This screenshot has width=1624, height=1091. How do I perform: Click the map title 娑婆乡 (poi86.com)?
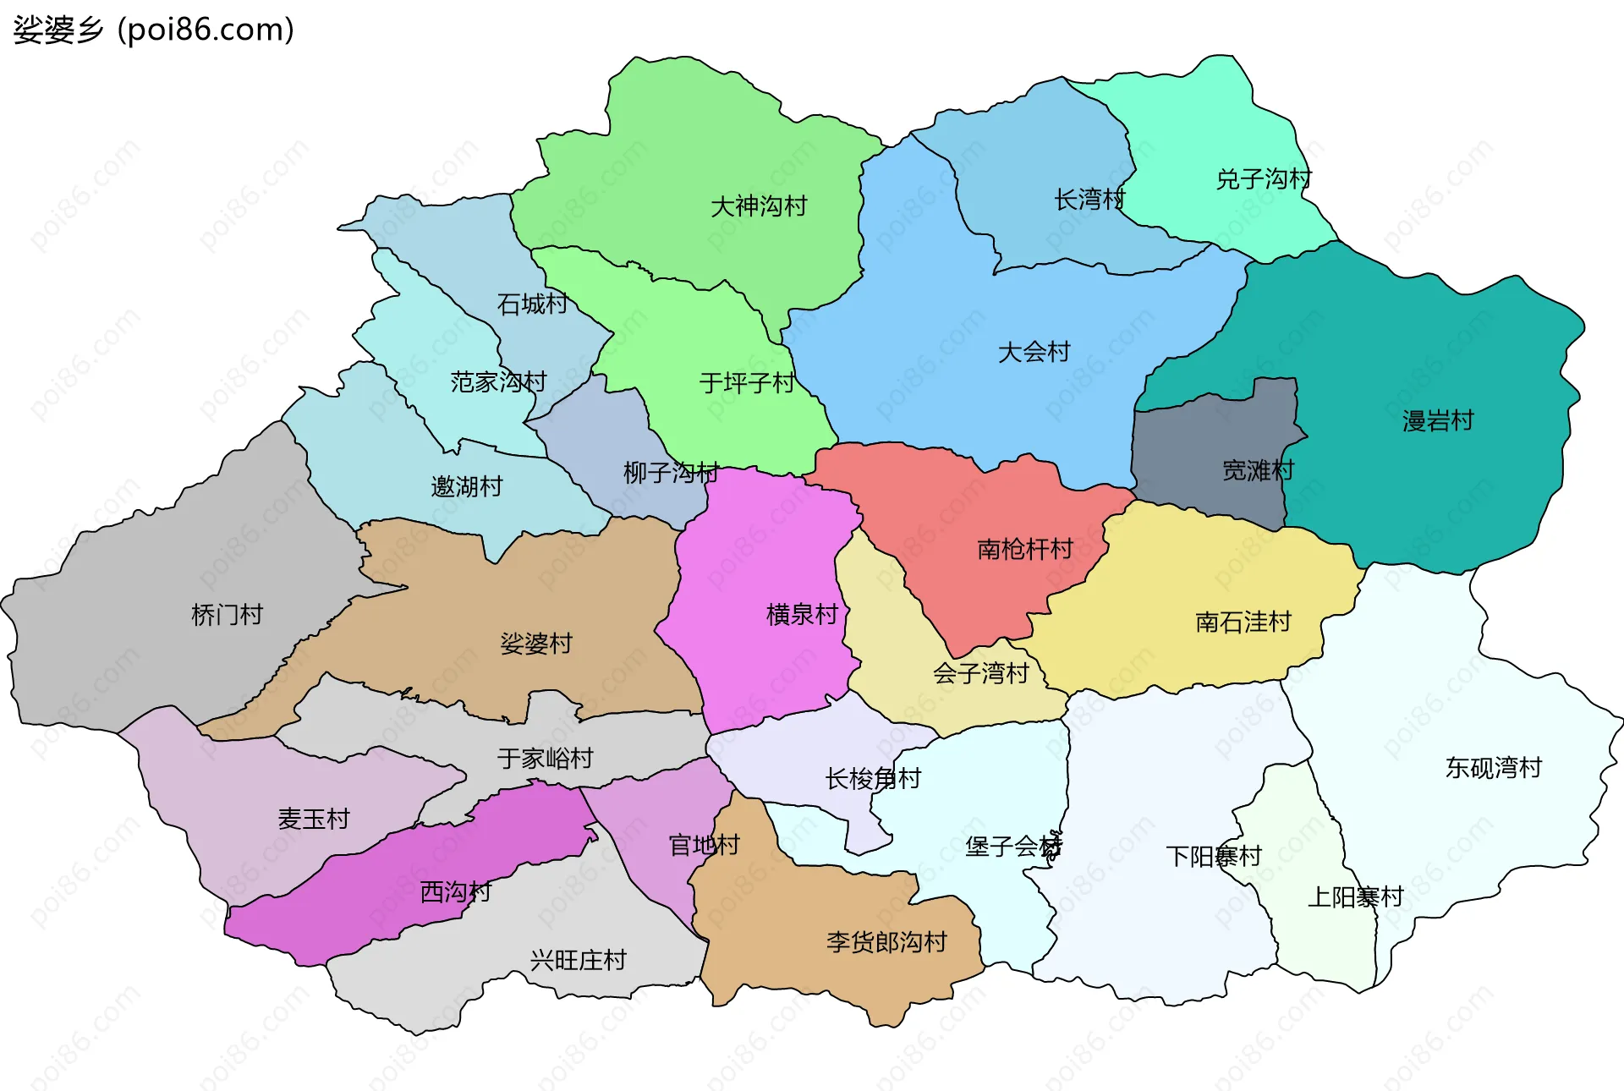click(x=153, y=30)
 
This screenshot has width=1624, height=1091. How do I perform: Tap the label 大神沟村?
click(x=759, y=206)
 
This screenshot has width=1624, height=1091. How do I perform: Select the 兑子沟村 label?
click(x=1264, y=178)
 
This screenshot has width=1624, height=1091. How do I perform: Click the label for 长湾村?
click(x=1089, y=200)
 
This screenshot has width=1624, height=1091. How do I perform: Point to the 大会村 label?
click(x=1034, y=351)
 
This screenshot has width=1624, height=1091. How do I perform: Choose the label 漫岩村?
click(x=1437, y=420)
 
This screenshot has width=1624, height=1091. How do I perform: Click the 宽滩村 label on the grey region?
click(x=1258, y=470)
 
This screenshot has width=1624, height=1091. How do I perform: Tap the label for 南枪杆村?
click(x=1024, y=549)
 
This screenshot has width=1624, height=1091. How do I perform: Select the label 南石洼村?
click(x=1243, y=622)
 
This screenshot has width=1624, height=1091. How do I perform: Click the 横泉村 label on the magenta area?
click(x=802, y=614)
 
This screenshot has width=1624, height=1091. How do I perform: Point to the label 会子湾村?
click(x=980, y=673)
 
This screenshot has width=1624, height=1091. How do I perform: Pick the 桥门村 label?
click(x=227, y=614)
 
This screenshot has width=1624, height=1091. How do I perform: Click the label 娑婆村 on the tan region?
click(x=535, y=644)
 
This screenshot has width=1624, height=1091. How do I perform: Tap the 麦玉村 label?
click(x=313, y=819)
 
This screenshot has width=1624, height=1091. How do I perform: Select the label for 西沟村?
click(x=455, y=891)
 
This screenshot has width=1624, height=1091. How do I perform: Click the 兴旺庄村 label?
click(x=578, y=960)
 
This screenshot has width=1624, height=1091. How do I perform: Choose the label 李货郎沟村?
click(x=886, y=941)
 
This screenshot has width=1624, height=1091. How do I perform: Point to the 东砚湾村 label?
click(x=1493, y=767)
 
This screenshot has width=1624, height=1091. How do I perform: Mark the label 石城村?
click(x=532, y=304)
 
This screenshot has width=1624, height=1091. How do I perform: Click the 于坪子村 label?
click(x=746, y=383)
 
